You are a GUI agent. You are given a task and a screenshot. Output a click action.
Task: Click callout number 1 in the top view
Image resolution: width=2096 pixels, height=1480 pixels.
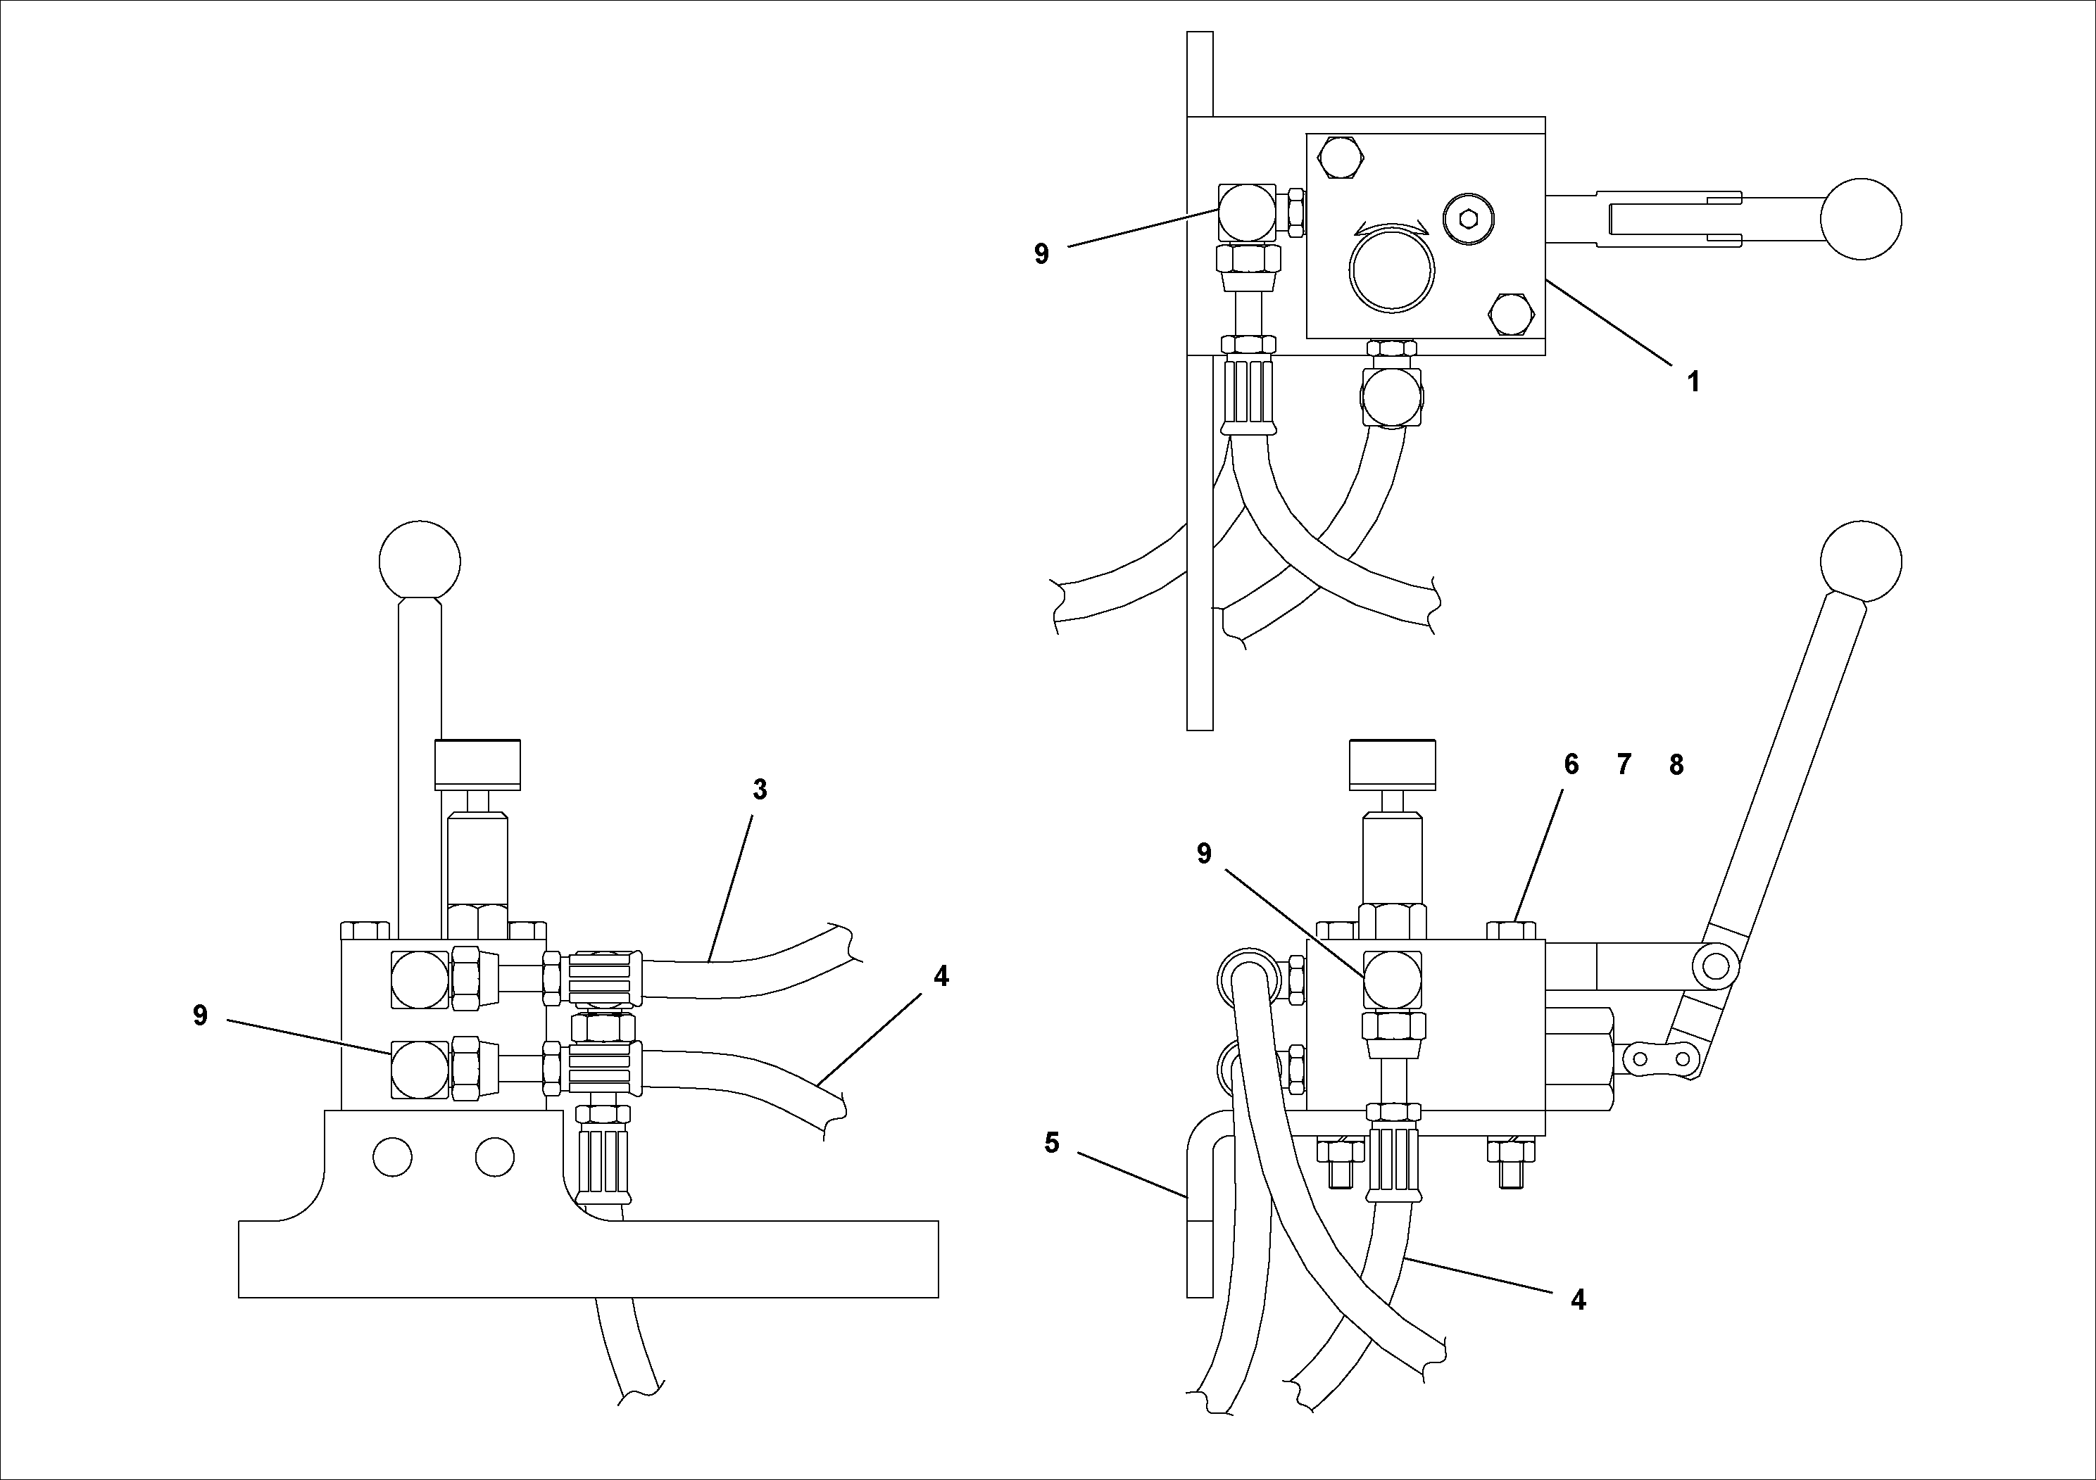(1693, 381)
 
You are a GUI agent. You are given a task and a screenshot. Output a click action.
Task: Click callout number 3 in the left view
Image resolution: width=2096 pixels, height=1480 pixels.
(760, 790)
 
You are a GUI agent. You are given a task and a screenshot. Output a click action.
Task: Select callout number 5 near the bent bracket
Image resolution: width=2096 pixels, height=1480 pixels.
(1052, 1142)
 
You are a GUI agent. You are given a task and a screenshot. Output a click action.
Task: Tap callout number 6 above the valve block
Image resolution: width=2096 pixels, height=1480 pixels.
(1571, 765)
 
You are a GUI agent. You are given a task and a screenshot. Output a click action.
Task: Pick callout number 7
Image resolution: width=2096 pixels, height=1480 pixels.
(1623, 765)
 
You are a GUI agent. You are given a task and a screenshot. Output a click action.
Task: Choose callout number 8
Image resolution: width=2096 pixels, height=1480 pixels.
(1676, 765)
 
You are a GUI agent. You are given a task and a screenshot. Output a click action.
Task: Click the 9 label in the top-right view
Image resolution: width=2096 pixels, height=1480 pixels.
(1041, 253)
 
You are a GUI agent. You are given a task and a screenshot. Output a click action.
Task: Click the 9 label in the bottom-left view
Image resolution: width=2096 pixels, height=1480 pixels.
(200, 1016)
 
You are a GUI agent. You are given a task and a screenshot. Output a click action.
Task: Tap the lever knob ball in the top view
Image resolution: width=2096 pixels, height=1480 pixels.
(1860, 219)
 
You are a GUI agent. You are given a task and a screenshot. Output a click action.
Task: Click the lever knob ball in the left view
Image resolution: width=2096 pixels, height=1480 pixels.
(420, 561)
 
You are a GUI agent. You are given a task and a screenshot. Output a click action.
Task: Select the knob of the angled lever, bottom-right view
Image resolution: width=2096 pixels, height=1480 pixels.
(1860, 561)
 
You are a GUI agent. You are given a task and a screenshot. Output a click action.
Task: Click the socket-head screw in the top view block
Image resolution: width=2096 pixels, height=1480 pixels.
(1469, 218)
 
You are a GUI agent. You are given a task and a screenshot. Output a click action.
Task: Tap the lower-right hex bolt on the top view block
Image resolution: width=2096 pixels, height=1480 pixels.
(1511, 314)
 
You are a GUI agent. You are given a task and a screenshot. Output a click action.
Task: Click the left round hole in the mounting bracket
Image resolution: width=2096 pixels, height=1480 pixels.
(393, 1156)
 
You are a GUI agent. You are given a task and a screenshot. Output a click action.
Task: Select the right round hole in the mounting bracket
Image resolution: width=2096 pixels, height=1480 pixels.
(495, 1156)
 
